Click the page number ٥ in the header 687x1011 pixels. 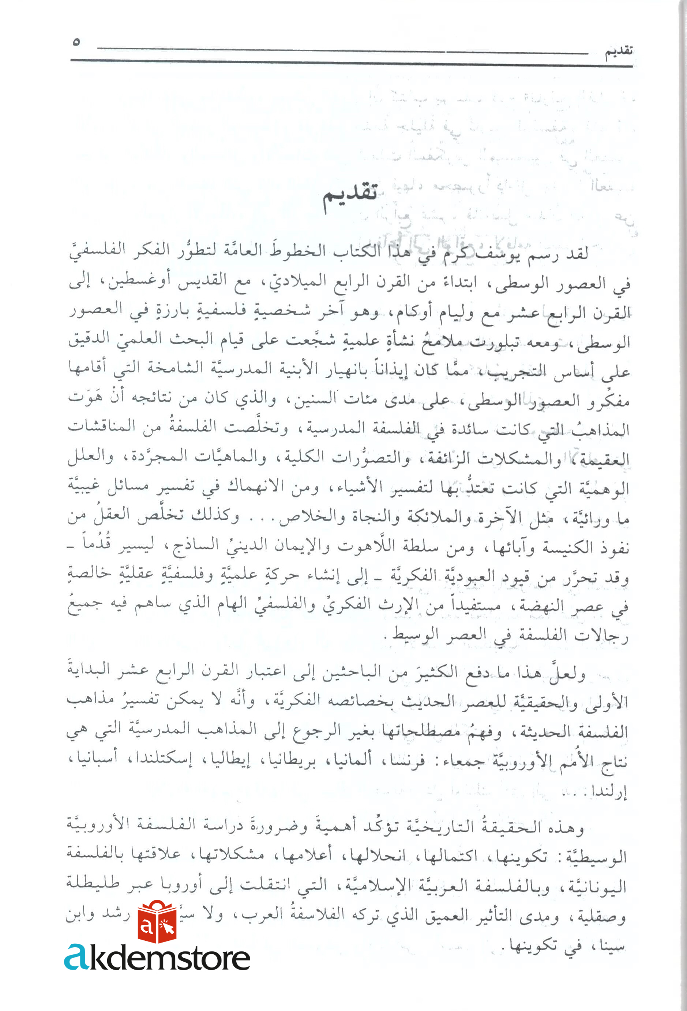(76, 42)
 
